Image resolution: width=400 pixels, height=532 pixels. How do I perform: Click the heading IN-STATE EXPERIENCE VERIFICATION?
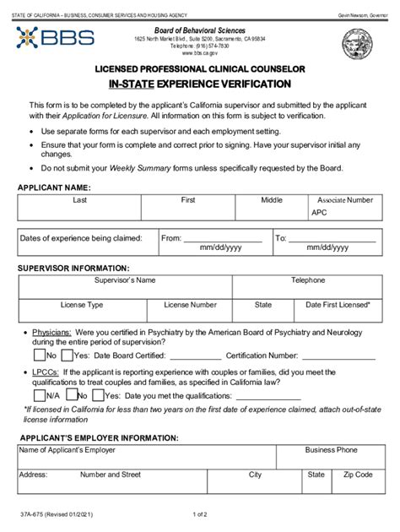point(199,84)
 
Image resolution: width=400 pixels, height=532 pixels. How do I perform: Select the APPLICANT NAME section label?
point(54,187)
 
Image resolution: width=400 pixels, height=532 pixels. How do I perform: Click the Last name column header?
point(80,200)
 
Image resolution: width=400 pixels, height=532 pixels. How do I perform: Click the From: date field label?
point(171,238)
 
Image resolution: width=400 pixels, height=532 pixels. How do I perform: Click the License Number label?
point(190,304)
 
